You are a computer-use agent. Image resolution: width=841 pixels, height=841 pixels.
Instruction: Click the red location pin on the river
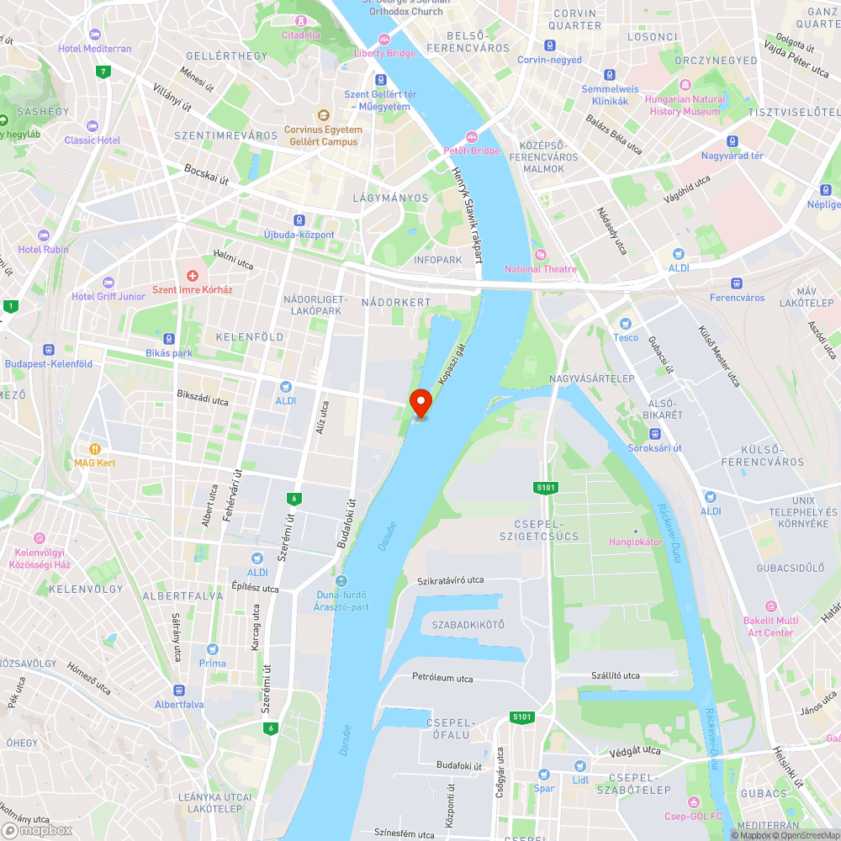pyautogui.click(x=420, y=402)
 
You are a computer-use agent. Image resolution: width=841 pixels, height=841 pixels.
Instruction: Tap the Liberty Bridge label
pyautogui.click(x=385, y=53)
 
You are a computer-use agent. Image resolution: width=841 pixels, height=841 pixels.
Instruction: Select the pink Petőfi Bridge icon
pyautogui.click(x=471, y=137)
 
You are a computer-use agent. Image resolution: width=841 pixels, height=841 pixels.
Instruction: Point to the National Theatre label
pyautogui.click(x=540, y=269)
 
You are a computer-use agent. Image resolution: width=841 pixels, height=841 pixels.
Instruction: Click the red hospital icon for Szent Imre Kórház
pyautogui.click(x=192, y=276)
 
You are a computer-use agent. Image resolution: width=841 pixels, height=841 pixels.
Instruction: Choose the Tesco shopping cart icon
pyautogui.click(x=625, y=324)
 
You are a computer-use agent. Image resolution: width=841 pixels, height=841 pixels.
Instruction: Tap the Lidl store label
pyautogui.click(x=580, y=780)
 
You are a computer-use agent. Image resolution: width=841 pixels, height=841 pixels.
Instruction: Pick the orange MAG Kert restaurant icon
pyautogui.click(x=95, y=449)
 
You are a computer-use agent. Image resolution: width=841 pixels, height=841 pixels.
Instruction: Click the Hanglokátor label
pyautogui.click(x=636, y=542)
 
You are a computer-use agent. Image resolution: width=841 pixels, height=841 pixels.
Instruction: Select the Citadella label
pyautogui.click(x=300, y=35)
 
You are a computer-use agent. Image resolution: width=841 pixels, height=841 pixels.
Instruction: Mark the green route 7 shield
pyautogui.click(x=103, y=71)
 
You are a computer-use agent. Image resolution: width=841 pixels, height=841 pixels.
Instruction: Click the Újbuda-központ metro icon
pyautogui.click(x=299, y=220)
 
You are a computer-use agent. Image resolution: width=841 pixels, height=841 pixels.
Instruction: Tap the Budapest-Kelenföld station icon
pyautogui.click(x=48, y=350)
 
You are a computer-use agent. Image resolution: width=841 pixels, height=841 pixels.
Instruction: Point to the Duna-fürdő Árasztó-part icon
pyautogui.click(x=341, y=581)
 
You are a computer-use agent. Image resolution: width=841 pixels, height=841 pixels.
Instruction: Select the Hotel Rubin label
pyautogui.click(x=44, y=250)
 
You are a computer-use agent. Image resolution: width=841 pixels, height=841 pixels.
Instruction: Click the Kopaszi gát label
pyautogui.click(x=451, y=362)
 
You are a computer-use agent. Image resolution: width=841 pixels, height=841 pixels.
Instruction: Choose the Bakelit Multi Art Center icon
pyautogui.click(x=770, y=606)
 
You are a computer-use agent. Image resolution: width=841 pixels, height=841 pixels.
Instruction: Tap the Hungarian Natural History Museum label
pyautogui.click(x=685, y=105)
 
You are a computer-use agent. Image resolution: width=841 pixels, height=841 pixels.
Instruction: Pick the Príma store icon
pyautogui.click(x=213, y=649)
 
